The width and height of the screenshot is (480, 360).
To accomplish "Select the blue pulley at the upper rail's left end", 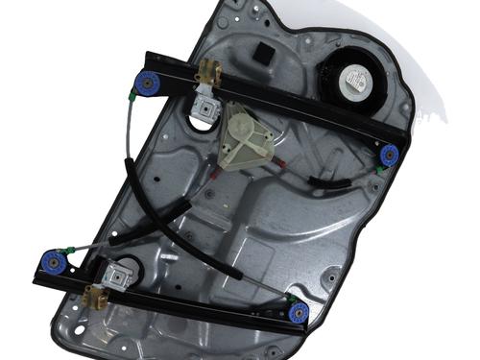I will (149, 84).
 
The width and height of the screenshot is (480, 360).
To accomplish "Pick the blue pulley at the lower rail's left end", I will (51, 259).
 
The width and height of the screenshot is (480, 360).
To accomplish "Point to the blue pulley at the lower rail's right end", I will (300, 311).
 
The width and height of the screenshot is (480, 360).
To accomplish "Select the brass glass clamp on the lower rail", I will (93, 292).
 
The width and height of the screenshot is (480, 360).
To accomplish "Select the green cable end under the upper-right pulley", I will (381, 170).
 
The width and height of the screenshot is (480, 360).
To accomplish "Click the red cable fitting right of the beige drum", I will (280, 164).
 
